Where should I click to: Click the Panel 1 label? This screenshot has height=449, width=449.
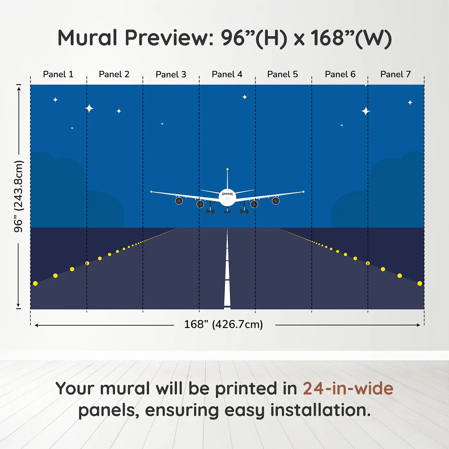coord(58,74)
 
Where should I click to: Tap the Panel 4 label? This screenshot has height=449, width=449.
coord(227,74)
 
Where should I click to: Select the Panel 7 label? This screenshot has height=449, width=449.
coord(395,74)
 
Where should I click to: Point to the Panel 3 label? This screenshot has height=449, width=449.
coord(171,74)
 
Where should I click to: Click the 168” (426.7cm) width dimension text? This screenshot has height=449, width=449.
coord(223,324)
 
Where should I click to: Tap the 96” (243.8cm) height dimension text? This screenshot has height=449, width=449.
coord(19,196)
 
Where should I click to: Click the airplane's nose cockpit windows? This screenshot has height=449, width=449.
coord(227,194)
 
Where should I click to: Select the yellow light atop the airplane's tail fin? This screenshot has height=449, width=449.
coord(227,169)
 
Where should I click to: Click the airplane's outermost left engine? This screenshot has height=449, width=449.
coord(179,201)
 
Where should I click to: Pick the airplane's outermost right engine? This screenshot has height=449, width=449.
coord(276,201)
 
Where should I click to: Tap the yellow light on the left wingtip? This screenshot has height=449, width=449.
coord(151,192)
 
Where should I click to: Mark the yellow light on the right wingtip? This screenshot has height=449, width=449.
coord(303,192)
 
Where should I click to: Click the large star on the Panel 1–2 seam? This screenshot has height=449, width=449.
coord(89,108)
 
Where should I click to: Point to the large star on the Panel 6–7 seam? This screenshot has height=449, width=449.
coord(366,111)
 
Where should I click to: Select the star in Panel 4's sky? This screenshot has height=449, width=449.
coord(245,97)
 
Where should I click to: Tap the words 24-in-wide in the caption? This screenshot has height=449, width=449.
coord(348,388)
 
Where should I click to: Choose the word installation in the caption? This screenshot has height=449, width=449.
coord(320,410)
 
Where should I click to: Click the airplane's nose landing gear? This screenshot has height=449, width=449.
coord(227,211)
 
